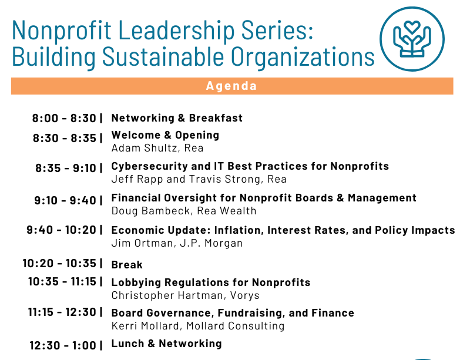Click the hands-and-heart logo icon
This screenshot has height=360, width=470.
point(412,39)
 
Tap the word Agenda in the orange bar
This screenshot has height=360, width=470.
point(231,86)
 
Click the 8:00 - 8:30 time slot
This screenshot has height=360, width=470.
point(64,118)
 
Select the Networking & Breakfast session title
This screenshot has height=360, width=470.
point(177,118)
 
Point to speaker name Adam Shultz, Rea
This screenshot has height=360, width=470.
point(157,148)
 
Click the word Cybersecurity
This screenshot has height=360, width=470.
point(146,166)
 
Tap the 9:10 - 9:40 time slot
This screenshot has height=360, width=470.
point(65,200)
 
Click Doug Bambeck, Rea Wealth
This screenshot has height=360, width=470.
point(184,211)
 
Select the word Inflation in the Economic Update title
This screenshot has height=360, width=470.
point(239,230)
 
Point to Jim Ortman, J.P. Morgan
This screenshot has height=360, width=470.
point(177,243)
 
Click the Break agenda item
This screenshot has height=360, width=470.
point(127,265)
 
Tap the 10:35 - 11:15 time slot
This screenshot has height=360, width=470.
point(62,282)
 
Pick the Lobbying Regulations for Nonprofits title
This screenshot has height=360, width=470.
point(211,282)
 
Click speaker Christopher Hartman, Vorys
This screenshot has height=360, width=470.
point(185,295)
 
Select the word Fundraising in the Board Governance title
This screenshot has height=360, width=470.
point(251,313)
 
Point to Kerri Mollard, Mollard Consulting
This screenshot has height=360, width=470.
point(198,326)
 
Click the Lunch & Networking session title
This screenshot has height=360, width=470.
point(166,344)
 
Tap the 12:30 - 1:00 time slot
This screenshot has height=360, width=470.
point(63,345)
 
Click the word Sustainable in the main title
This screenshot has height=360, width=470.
point(163,56)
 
